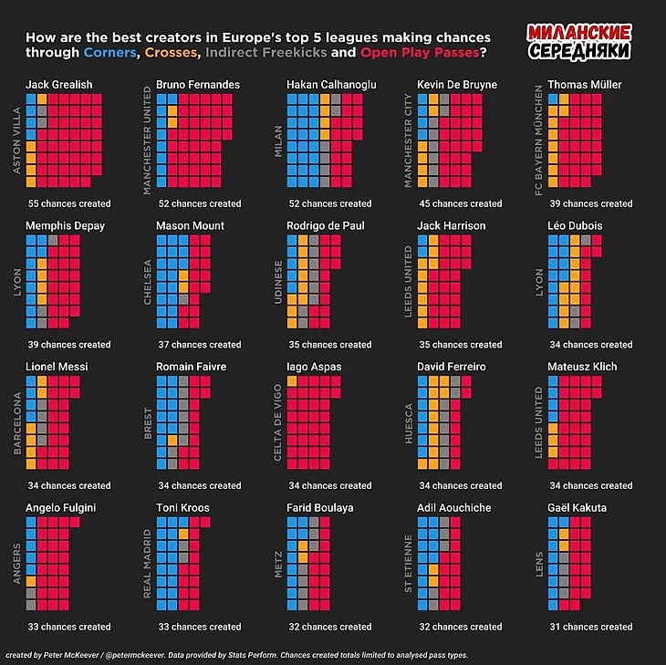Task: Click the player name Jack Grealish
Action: coord(58,85)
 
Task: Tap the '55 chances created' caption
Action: coord(69,203)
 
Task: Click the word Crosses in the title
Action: coord(172,53)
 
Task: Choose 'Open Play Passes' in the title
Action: coord(420,53)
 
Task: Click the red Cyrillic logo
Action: coord(578,42)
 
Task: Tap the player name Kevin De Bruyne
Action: coord(457,85)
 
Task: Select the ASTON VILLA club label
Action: coord(16,140)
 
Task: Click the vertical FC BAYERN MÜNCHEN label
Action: coord(539,140)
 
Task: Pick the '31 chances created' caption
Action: coord(591,627)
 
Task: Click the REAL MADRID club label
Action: coord(148,563)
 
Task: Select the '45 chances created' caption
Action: coord(460,203)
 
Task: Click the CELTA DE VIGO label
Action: coord(277,421)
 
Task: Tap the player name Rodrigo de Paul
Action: coord(326,225)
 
